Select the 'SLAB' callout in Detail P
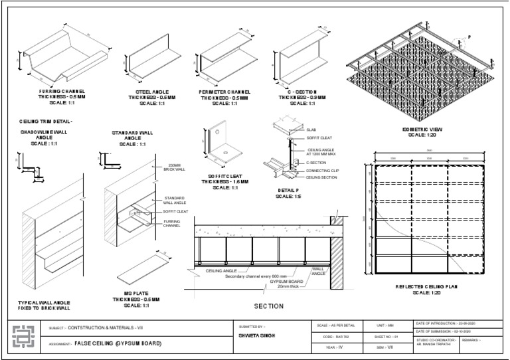click(312, 130)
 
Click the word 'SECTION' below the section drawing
click(269, 306)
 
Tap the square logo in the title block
click(22, 337)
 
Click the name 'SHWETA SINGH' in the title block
click(256, 335)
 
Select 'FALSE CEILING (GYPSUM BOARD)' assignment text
click(117, 344)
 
